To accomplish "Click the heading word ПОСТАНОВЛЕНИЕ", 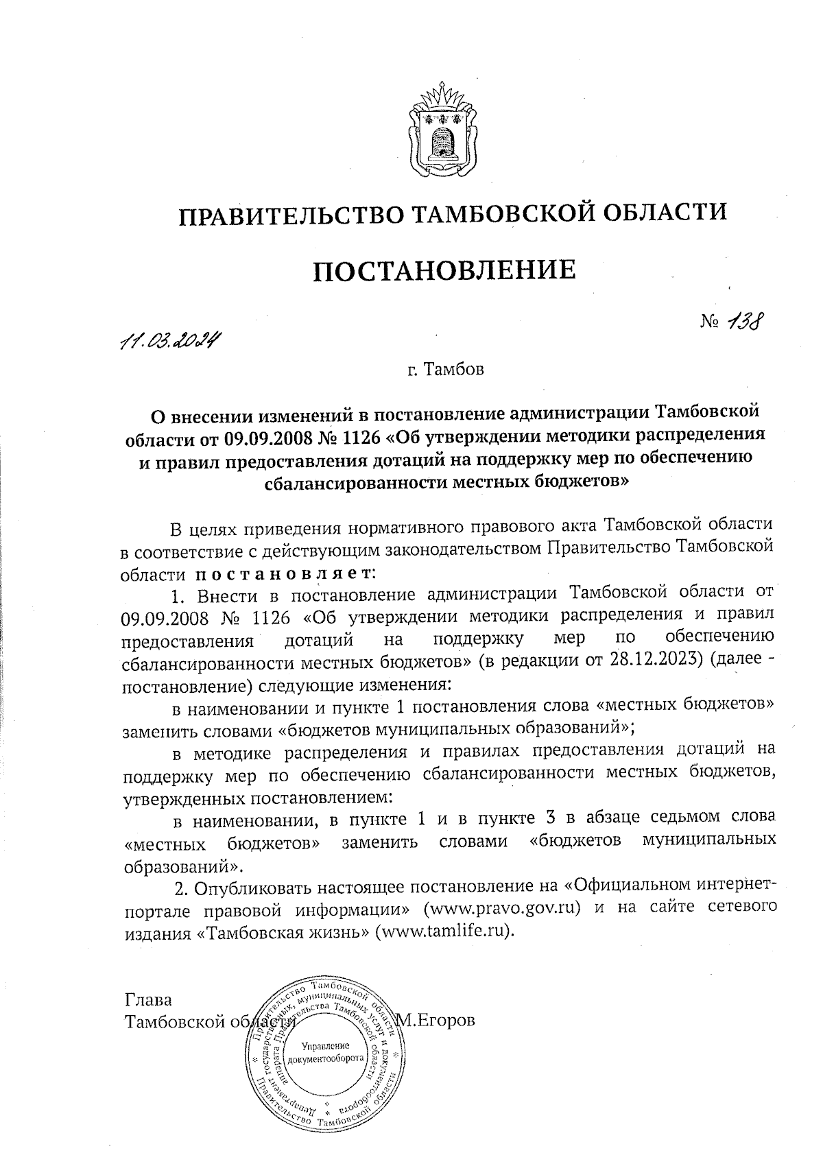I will (x=444, y=270).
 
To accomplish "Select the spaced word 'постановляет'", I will (x=288, y=571).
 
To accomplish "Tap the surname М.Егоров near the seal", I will (x=437, y=1021).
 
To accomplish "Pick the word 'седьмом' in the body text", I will (x=676, y=817).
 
